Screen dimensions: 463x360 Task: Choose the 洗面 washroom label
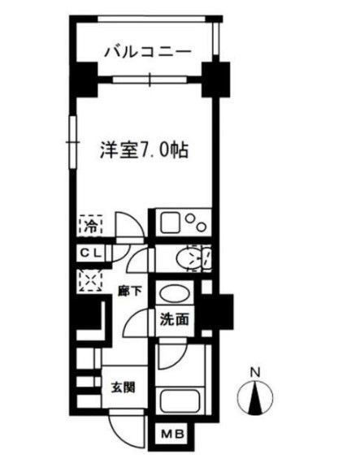pos(175,320)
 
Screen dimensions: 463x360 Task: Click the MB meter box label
pos(174,436)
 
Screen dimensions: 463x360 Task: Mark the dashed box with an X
pos(87,280)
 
